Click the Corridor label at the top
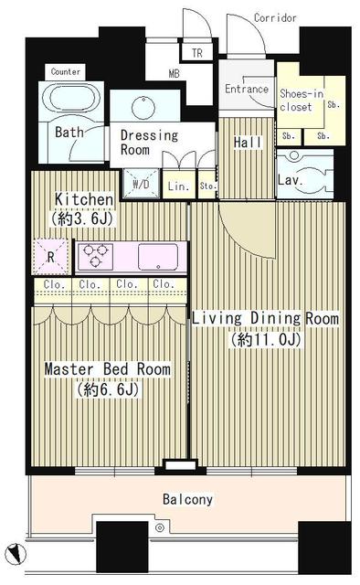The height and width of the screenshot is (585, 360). pos(275,17)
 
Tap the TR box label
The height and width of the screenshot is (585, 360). pos(197,53)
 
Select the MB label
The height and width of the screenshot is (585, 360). pos(174,73)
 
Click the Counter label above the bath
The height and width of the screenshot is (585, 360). pos(65,71)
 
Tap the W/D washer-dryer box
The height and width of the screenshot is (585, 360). pos(142,184)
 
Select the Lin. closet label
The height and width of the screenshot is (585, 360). pos(178,186)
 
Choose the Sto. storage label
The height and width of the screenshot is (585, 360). pos(207,186)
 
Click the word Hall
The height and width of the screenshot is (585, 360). pos(248,143)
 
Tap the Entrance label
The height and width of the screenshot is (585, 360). pos(246,89)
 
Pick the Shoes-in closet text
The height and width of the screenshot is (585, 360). pos(302,100)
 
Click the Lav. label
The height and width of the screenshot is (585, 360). pos(290,181)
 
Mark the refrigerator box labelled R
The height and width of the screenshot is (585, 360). pos(51,257)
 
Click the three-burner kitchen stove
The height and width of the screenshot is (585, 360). pos(96,256)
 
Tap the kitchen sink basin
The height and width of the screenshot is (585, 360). pos(158,257)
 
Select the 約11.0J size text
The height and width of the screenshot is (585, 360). pos(265,339)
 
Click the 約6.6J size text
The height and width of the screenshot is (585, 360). pos(108,389)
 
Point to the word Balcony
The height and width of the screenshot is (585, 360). pos(187,499)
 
